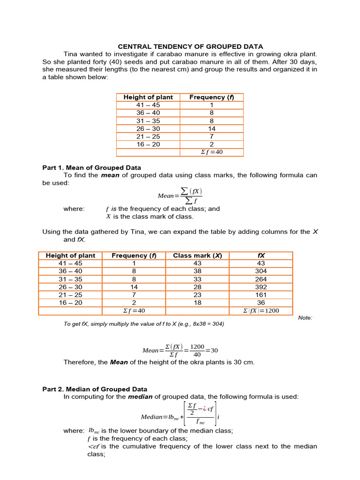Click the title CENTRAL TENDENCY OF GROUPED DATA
190,46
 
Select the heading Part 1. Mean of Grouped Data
91,167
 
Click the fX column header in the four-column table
261,255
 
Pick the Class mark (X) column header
197,255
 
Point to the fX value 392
261,287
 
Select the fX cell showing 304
261,271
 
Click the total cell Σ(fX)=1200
261,311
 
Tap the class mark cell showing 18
197,303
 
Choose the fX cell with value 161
261,295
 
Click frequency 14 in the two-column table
211,128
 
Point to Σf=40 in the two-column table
211,152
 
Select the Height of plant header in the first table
148,97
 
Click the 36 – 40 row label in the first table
148,112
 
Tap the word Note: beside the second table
305,318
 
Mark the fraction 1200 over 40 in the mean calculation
197,351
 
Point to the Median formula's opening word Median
150,417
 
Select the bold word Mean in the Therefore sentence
119,362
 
